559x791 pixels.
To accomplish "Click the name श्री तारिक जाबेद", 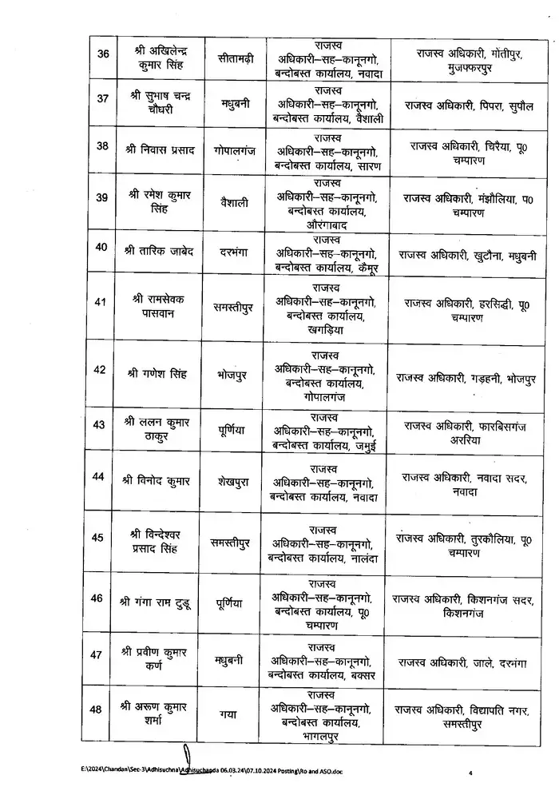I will pyautogui.click(x=160, y=247).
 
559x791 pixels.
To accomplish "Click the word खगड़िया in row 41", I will pyautogui.click(x=326, y=328).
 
